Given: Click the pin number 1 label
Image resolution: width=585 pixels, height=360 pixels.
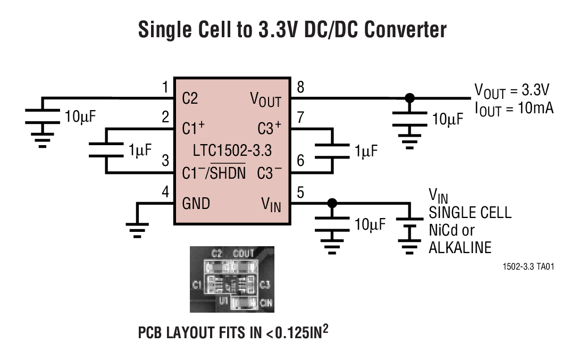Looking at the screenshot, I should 165,87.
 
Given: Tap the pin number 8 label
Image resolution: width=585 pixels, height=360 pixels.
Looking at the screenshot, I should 300,87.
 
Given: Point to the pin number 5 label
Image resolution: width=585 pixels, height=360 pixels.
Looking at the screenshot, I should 300,191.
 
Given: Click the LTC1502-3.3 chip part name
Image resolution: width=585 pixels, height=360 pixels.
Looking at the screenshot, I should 232,150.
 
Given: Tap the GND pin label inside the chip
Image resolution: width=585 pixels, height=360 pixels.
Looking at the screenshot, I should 196,204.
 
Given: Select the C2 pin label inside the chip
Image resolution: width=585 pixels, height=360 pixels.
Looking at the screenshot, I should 190,98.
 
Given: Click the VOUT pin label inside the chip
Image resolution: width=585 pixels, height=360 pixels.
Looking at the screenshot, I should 265,99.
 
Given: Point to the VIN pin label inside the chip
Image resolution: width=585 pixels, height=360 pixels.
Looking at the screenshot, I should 271,205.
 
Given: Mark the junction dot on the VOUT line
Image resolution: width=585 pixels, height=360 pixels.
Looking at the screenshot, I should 410,98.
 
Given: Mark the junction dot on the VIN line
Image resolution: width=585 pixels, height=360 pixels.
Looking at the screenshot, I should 332,203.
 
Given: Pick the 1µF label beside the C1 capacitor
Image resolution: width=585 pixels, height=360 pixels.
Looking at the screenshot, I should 140,150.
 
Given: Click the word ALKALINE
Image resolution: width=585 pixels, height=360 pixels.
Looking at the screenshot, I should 459,248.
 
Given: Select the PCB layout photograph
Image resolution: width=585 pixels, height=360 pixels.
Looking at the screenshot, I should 232,279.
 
